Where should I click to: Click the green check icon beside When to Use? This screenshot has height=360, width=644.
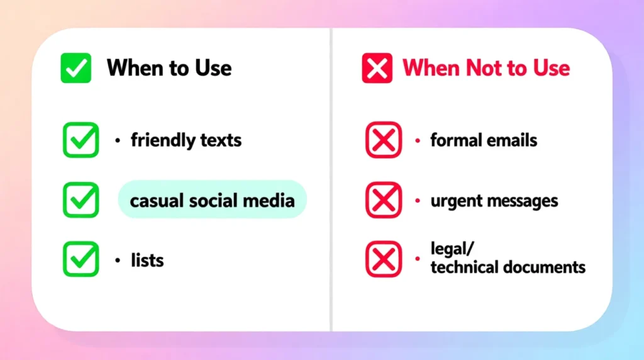(75, 68)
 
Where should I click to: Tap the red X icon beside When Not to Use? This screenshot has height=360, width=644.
(377, 68)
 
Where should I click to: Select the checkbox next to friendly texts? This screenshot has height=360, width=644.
(80, 140)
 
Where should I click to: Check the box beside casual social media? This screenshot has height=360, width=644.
(80, 200)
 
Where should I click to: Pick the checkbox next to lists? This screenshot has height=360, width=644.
(80, 259)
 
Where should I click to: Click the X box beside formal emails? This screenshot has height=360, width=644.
(383, 140)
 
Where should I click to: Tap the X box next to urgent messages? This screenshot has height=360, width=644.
(383, 200)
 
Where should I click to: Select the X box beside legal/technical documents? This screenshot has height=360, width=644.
(383, 259)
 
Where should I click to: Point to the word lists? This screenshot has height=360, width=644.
(147, 259)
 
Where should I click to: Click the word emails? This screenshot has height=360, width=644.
(513, 140)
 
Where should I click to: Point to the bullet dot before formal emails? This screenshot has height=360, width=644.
(417, 140)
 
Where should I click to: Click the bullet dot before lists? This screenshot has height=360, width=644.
(117, 259)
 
